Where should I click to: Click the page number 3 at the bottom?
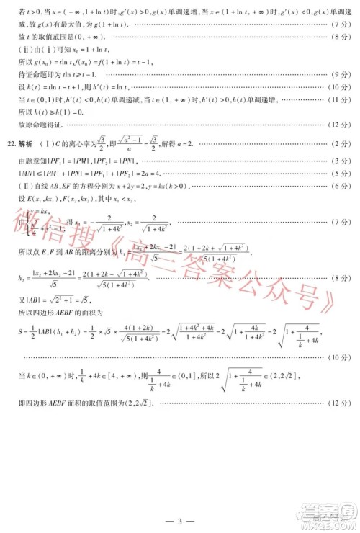coord(181,518)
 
